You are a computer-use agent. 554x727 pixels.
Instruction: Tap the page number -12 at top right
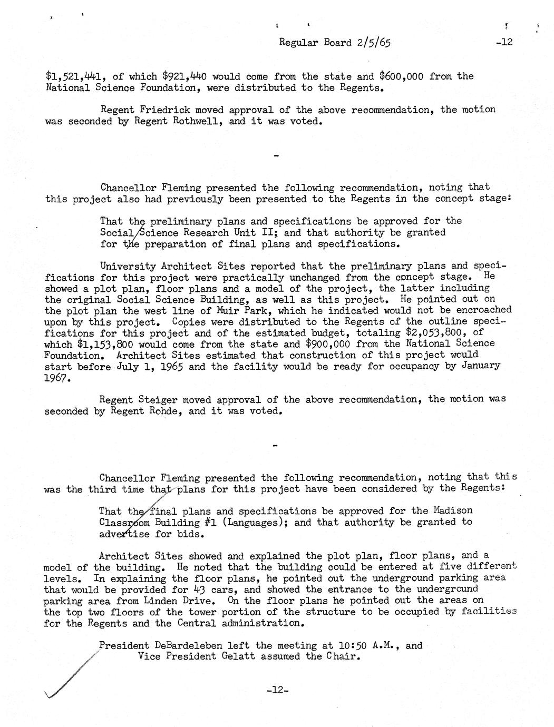[x=504, y=42]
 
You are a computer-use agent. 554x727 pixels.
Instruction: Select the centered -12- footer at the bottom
[x=277, y=690]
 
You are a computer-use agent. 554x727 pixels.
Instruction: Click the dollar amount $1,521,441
[x=74, y=76]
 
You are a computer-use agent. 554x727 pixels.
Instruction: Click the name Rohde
[x=161, y=411]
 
